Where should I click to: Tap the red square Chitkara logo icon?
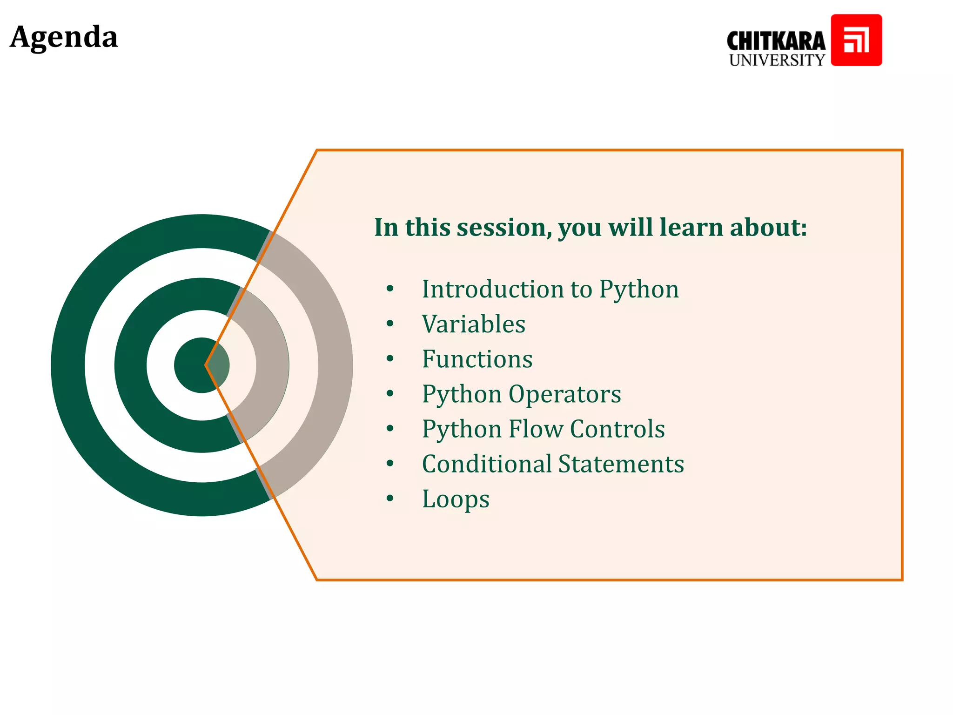point(856,40)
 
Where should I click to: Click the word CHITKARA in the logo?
point(776,41)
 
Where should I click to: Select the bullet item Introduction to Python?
point(550,290)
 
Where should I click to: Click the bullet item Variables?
point(474,324)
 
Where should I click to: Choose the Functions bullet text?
point(477,359)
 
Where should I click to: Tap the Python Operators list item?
point(521,394)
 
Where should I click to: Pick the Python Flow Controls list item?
point(543,429)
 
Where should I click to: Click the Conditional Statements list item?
point(553,464)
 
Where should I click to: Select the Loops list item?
point(456,499)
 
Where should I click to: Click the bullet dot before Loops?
point(390,499)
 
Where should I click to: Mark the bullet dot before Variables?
point(390,324)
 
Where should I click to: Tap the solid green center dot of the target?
point(195,365)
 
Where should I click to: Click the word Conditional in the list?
point(487,464)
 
